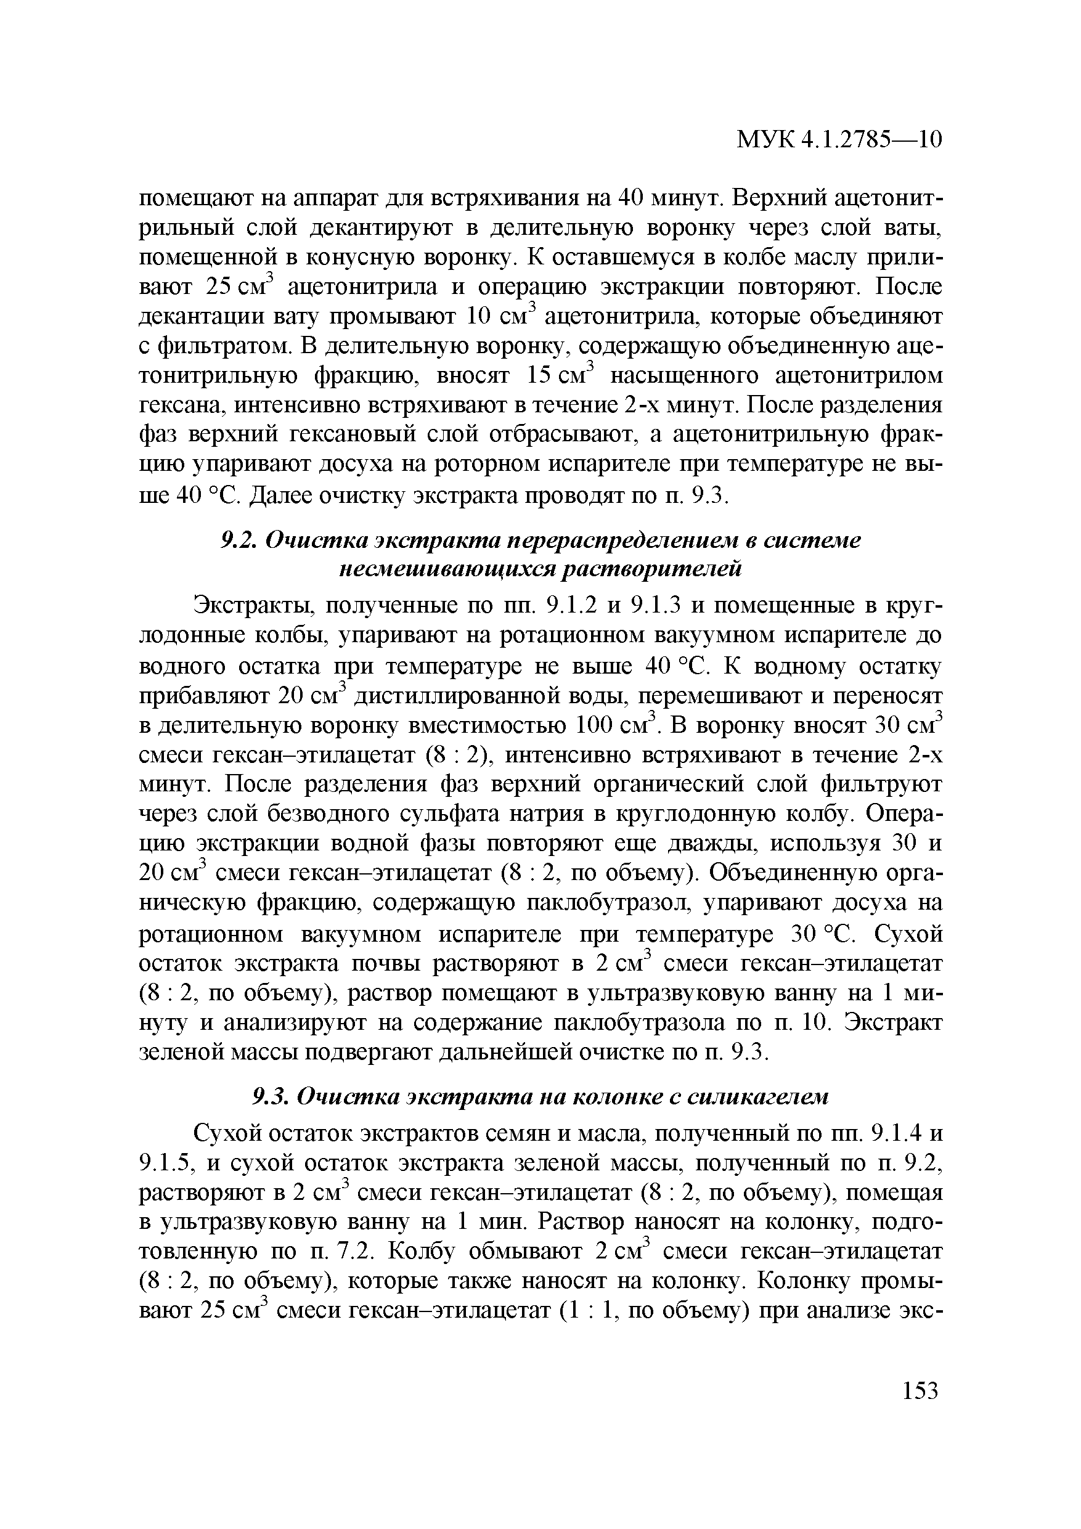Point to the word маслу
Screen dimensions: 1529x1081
pyautogui.click(x=820, y=256)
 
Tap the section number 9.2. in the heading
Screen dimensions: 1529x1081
pyautogui.click(x=238, y=540)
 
